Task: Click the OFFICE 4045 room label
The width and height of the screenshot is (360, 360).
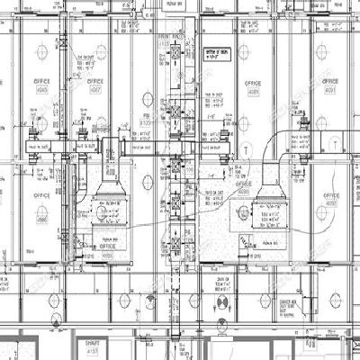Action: tap(41, 85)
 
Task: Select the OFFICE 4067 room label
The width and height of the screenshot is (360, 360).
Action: tap(94, 85)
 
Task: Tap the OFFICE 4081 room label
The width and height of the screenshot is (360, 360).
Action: tap(255, 85)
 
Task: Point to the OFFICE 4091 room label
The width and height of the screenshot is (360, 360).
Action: tap(330, 85)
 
